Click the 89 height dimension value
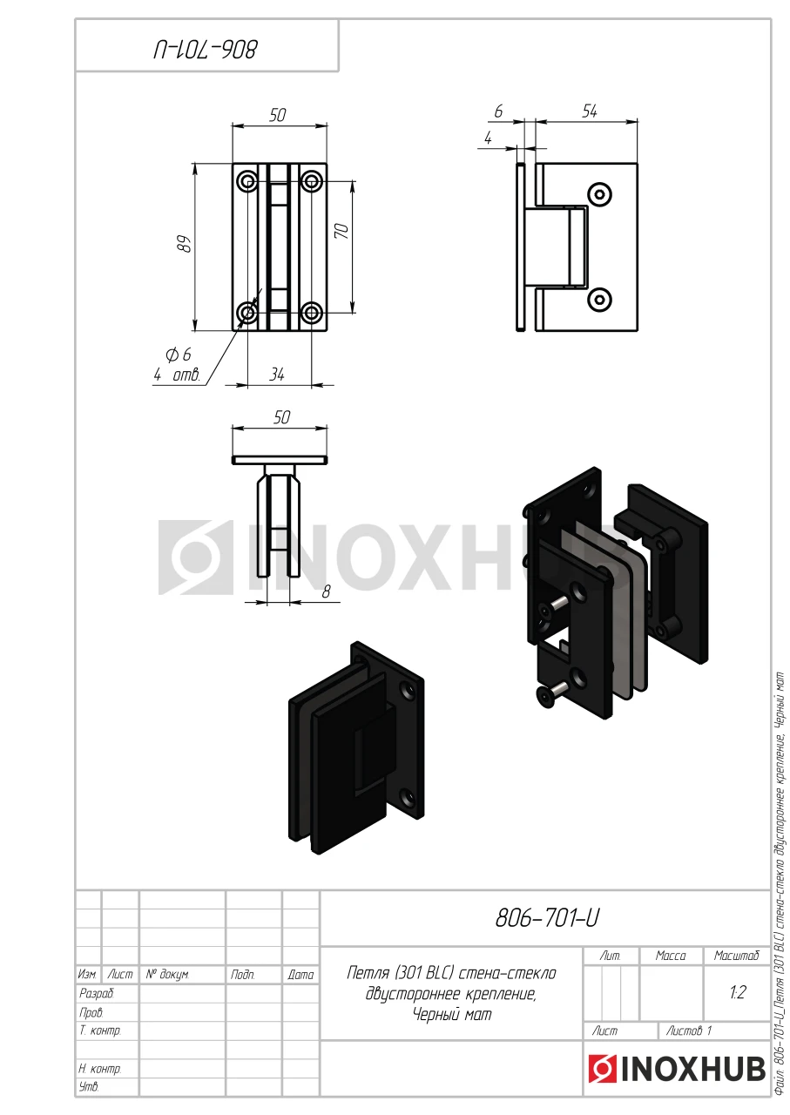click(186, 244)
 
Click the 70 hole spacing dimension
click(342, 231)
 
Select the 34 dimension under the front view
click(277, 375)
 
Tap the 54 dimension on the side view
click(590, 111)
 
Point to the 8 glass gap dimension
click(327, 591)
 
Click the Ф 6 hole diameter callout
click(179, 355)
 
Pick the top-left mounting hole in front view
click(247, 180)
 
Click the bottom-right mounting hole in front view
click(312, 313)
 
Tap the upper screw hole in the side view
click(600, 194)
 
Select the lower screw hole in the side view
click(600, 300)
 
